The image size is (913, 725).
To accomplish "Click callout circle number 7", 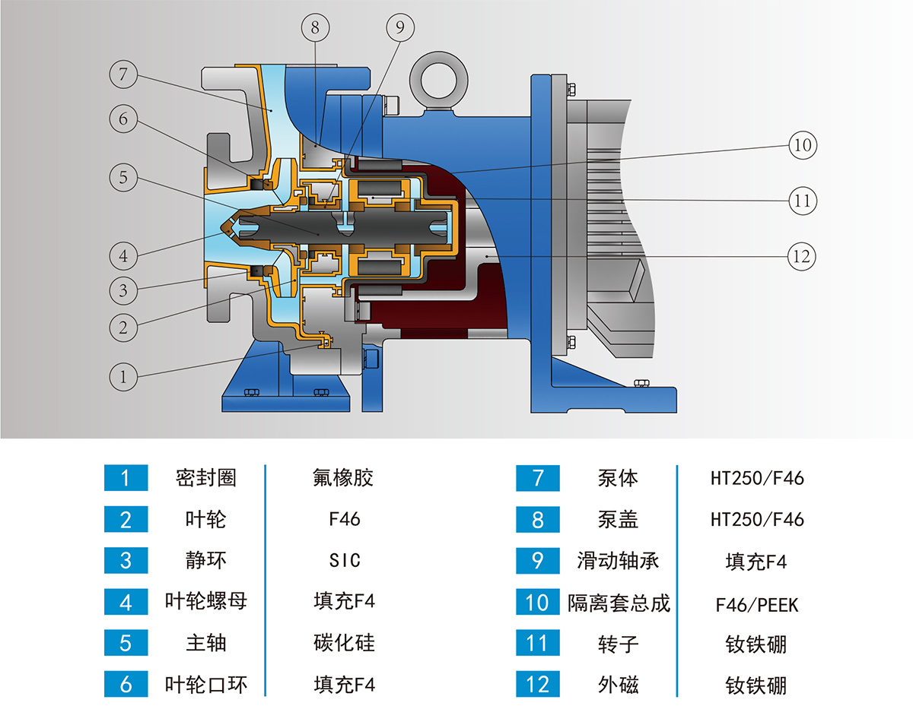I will tap(123, 74).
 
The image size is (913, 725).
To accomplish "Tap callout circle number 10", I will tap(803, 144).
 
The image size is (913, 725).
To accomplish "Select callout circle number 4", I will tap(123, 255).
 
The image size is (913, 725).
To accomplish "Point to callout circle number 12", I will tap(802, 256).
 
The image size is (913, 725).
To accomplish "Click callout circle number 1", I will tap(123, 375).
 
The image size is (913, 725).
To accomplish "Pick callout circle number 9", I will tap(400, 28).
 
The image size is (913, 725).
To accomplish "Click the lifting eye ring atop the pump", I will tap(441, 77).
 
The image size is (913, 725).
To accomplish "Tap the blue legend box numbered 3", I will tap(126, 561).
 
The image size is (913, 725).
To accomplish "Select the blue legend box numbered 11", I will tap(538, 644).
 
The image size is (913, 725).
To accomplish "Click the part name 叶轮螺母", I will tap(206, 601).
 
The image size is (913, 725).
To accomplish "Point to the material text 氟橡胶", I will tap(344, 478).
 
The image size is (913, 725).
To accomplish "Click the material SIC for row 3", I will tap(344, 561).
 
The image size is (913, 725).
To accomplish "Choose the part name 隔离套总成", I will tap(619, 603).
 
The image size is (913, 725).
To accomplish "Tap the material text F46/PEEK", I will tap(756, 604).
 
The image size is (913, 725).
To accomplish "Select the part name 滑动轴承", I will tap(619, 562).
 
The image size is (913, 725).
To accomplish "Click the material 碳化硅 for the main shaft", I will tap(344, 643).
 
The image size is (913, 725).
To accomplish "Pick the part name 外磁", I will tap(619, 685).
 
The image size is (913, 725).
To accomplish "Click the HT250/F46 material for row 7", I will tap(756, 479).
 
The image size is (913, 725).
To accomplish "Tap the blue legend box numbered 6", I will tap(126, 685).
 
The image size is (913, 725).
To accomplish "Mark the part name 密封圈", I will tap(206, 478).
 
